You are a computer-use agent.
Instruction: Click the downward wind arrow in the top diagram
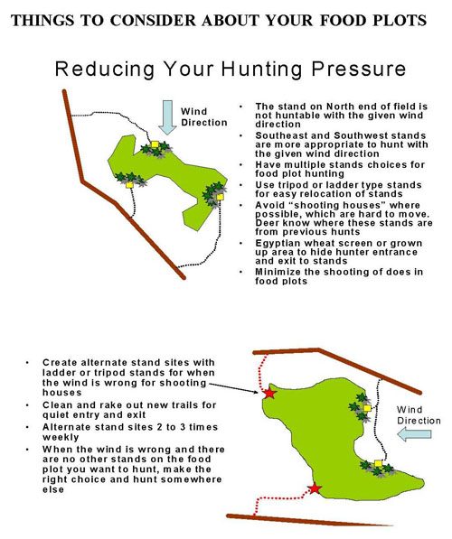point(167,117)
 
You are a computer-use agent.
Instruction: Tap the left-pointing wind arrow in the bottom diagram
point(414,434)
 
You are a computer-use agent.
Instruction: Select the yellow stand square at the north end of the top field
point(155,144)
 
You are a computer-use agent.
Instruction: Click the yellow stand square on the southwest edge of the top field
point(129,185)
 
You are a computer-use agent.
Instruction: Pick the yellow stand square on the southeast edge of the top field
point(220,197)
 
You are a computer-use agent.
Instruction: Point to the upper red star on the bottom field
point(269,393)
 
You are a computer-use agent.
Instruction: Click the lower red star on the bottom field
point(315,488)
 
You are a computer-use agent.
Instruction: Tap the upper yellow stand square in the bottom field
point(367,408)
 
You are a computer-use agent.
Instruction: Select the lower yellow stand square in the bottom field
point(378,463)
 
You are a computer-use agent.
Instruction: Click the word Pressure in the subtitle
point(359,69)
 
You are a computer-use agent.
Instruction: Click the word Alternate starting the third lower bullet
point(64,427)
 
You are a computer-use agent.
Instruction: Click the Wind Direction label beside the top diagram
point(203,116)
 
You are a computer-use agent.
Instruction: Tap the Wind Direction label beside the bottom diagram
point(419,415)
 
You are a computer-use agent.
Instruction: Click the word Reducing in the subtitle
point(105,70)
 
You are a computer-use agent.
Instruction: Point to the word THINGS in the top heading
point(42,21)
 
